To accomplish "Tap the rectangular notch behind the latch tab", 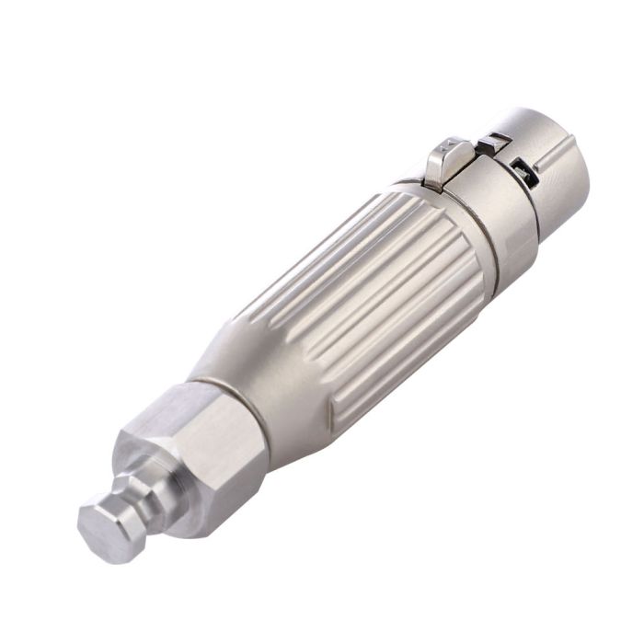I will click(494, 141).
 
